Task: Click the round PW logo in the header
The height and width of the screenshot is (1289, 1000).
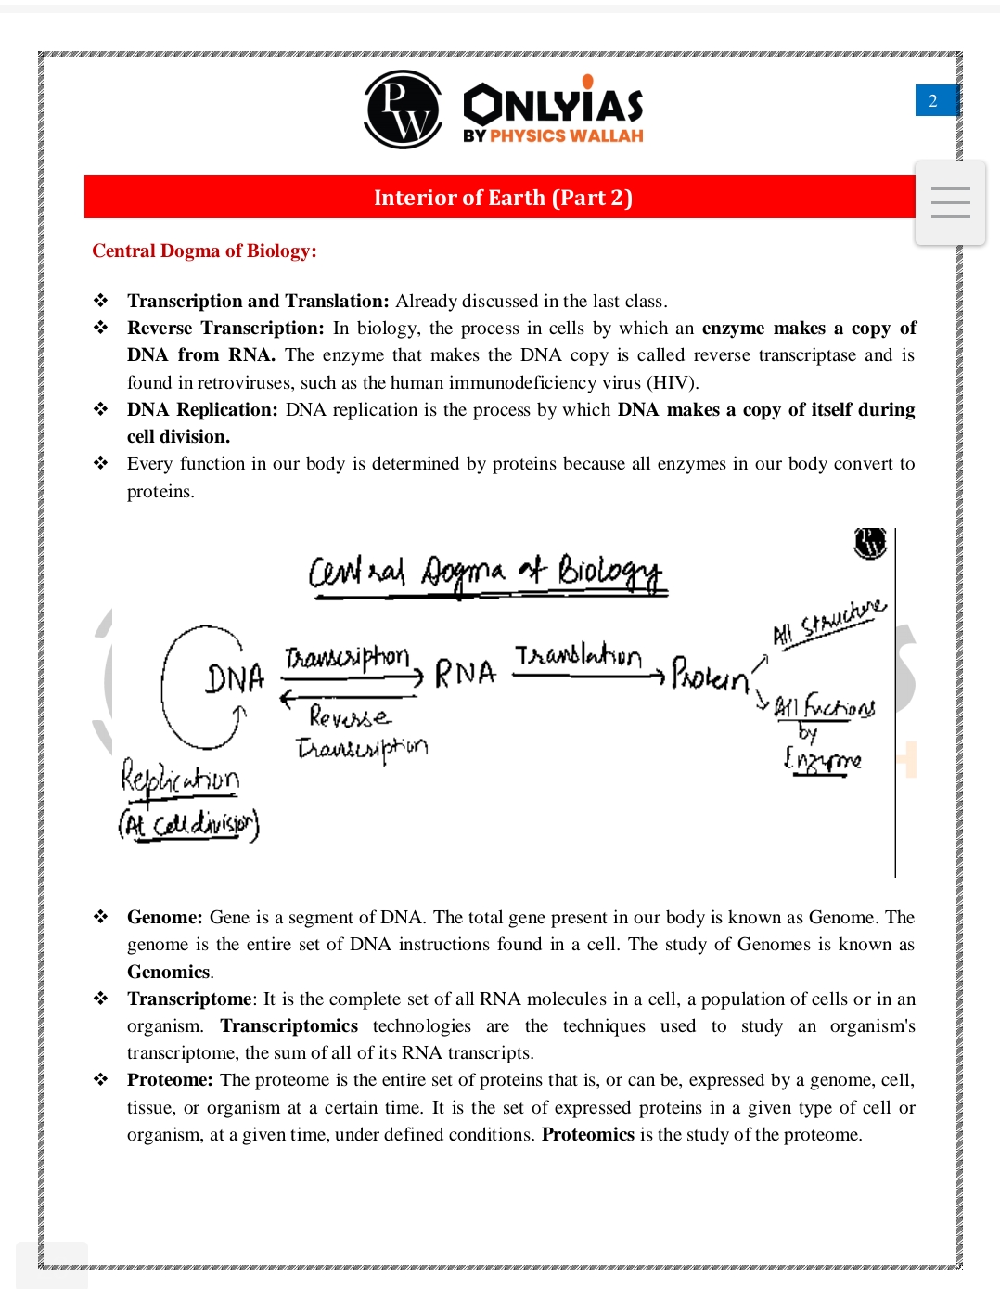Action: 403,110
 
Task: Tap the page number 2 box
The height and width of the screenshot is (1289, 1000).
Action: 934,100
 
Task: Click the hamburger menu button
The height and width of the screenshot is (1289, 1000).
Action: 950,202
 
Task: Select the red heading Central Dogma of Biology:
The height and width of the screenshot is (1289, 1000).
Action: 204,251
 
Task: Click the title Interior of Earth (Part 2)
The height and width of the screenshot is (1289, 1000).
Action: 503,198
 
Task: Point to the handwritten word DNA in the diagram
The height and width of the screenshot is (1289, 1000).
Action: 235,679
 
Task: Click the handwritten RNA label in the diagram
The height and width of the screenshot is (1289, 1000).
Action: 465,673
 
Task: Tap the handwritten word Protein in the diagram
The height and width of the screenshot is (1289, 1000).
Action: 710,675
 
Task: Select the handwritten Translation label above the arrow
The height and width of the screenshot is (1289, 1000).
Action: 577,656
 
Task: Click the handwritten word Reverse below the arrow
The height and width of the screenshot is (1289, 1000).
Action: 350,716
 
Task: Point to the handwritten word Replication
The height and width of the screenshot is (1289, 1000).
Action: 180,778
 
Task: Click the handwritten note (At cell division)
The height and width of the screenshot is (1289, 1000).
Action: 188,824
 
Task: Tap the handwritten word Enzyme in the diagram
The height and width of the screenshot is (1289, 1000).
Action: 822,761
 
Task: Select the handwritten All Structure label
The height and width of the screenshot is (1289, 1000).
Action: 829,623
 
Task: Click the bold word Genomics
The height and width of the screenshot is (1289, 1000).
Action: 169,972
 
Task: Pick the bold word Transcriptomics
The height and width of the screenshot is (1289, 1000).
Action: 288,1025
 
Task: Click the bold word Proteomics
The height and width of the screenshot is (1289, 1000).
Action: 587,1134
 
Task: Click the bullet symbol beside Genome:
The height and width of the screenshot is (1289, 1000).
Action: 100,917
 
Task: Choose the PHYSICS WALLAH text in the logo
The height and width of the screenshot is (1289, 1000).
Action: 566,135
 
